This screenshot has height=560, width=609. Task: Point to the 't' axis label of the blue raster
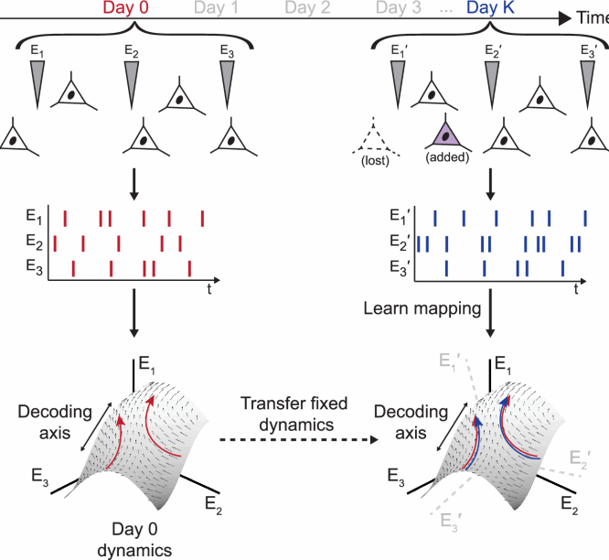[x=577, y=289]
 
